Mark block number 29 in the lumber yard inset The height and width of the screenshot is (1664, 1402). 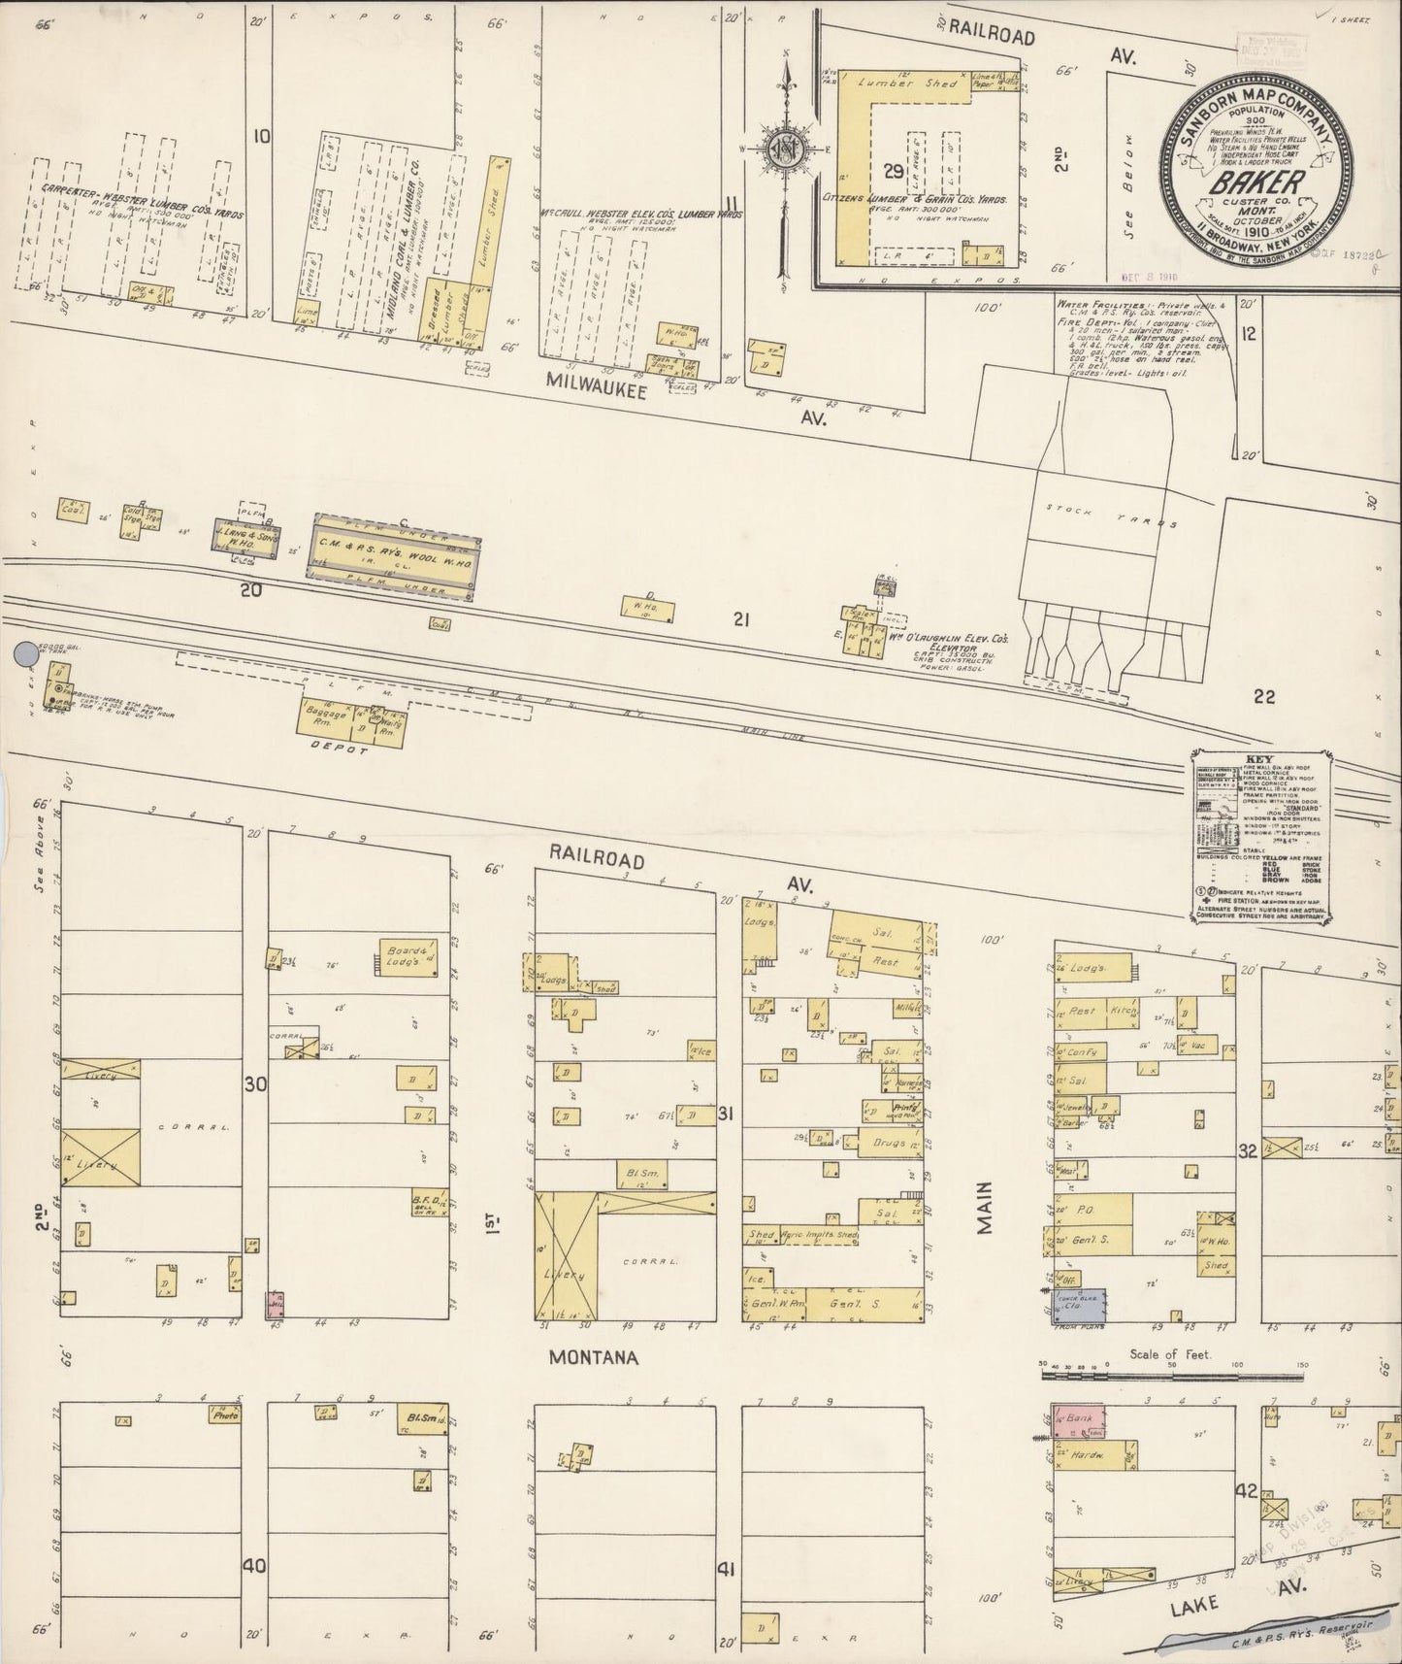tap(894, 172)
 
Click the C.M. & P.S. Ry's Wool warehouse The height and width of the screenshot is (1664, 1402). tap(392, 556)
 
